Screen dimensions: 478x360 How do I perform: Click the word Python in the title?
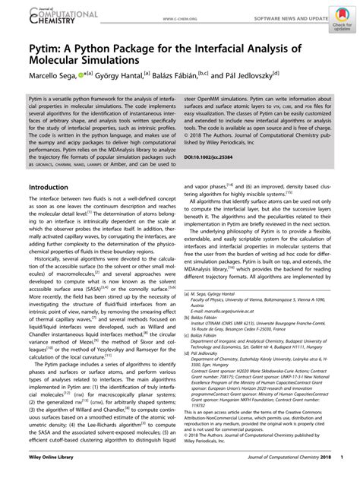point(106,52)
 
